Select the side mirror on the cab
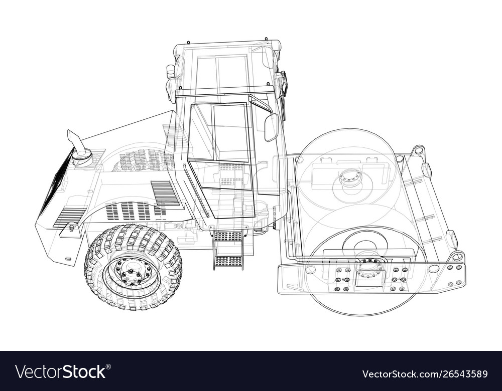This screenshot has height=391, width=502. click(x=271, y=127)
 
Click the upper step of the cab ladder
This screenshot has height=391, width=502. click(x=228, y=236)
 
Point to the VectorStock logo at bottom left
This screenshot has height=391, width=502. click(x=61, y=371)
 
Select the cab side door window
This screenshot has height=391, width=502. click(x=231, y=132)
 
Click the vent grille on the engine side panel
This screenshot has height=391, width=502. click(x=165, y=193)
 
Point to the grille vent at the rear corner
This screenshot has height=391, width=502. click(x=69, y=217)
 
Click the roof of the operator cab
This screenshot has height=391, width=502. click(x=226, y=48)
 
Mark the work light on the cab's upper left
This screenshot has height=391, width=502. click(x=171, y=71)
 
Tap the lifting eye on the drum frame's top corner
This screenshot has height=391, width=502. click(x=418, y=150)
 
